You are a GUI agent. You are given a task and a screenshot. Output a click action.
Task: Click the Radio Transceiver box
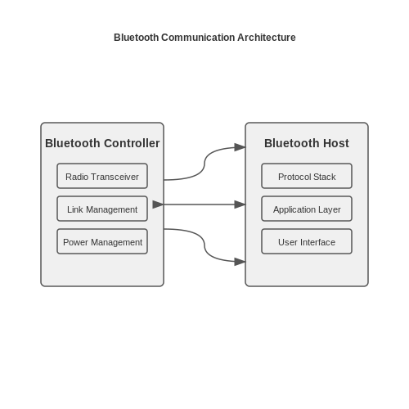point(102,176)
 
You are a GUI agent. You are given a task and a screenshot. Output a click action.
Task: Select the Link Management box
point(102,209)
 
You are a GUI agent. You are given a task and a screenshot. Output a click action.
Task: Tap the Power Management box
point(102,241)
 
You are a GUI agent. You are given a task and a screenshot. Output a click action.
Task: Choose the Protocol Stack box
point(307,176)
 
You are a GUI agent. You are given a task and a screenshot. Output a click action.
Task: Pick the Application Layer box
point(307,209)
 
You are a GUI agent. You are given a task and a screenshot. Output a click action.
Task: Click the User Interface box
point(307,241)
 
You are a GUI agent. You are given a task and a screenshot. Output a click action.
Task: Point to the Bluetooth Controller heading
point(102,143)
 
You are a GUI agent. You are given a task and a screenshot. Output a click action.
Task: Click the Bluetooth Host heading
point(307,143)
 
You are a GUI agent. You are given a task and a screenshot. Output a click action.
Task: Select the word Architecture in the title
point(267,38)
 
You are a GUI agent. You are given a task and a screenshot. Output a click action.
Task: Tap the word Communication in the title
point(198,38)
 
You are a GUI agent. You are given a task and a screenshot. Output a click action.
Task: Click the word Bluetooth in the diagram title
point(136,38)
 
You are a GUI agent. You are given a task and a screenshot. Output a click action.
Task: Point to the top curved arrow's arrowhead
point(240,147)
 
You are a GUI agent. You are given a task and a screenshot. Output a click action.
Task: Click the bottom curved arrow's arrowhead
point(240,262)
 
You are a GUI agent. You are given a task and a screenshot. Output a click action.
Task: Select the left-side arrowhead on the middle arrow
point(158,204)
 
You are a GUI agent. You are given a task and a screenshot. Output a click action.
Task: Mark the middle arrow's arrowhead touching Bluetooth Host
point(240,204)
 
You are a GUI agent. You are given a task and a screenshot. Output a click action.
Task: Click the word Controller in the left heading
point(132,143)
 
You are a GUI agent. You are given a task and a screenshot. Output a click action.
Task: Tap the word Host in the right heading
point(336,143)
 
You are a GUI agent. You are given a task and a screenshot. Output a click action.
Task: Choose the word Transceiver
point(115,177)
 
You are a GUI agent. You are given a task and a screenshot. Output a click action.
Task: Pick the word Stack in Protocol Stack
point(325,177)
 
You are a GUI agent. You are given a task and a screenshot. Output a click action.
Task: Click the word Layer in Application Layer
point(330,209)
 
